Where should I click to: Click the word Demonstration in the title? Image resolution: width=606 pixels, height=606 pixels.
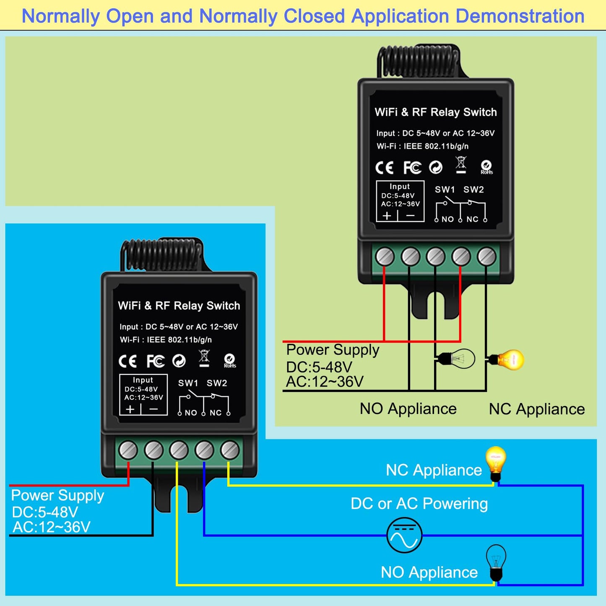[x=520, y=16]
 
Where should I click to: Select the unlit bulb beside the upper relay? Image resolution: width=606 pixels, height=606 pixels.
[x=456, y=359]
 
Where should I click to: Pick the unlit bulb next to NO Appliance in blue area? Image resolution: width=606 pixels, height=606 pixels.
[x=496, y=563]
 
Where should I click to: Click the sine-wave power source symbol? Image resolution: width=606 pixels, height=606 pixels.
[x=404, y=535]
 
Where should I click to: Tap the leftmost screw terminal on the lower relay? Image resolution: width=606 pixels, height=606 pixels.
[x=128, y=450]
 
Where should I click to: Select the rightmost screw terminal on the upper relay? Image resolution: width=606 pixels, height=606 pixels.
[x=486, y=257]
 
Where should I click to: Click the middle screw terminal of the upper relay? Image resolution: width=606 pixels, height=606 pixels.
[x=436, y=257]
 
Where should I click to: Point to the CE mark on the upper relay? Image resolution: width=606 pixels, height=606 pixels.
[x=384, y=168]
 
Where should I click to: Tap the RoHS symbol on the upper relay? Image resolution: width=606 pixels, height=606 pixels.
[x=486, y=167]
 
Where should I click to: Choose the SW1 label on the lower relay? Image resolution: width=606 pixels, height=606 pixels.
[x=188, y=383]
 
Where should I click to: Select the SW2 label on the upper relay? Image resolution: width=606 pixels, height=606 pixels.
[x=473, y=189]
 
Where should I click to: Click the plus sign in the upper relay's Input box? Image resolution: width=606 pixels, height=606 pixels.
[x=387, y=216]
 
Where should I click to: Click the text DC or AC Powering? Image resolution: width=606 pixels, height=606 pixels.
[x=419, y=504]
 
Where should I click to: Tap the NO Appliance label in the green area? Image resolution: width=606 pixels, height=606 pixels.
[x=408, y=409]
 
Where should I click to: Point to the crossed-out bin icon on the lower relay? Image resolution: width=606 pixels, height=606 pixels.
[x=204, y=358]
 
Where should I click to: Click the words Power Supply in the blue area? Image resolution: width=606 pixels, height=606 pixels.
[x=57, y=495]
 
